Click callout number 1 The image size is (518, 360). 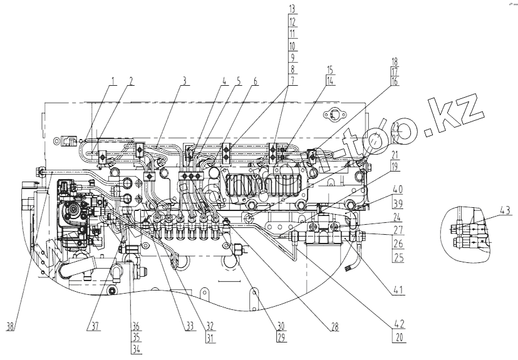(114, 80)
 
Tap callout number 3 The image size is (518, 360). (184, 80)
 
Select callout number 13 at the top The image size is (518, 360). (293, 9)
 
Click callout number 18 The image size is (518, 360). (395, 63)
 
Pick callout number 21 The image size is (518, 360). (395, 155)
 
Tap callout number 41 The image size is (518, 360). (398, 289)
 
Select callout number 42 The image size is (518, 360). (398, 324)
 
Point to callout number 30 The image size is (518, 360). (281, 326)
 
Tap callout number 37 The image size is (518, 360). (95, 326)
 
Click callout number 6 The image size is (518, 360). (255, 80)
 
